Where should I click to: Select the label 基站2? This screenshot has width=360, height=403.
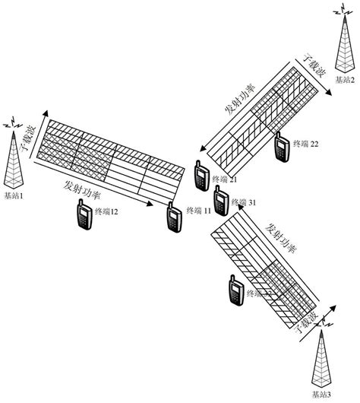tap(343, 68)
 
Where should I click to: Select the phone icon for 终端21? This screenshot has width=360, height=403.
tap(202, 176)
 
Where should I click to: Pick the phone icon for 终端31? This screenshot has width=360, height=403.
tap(221, 201)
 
